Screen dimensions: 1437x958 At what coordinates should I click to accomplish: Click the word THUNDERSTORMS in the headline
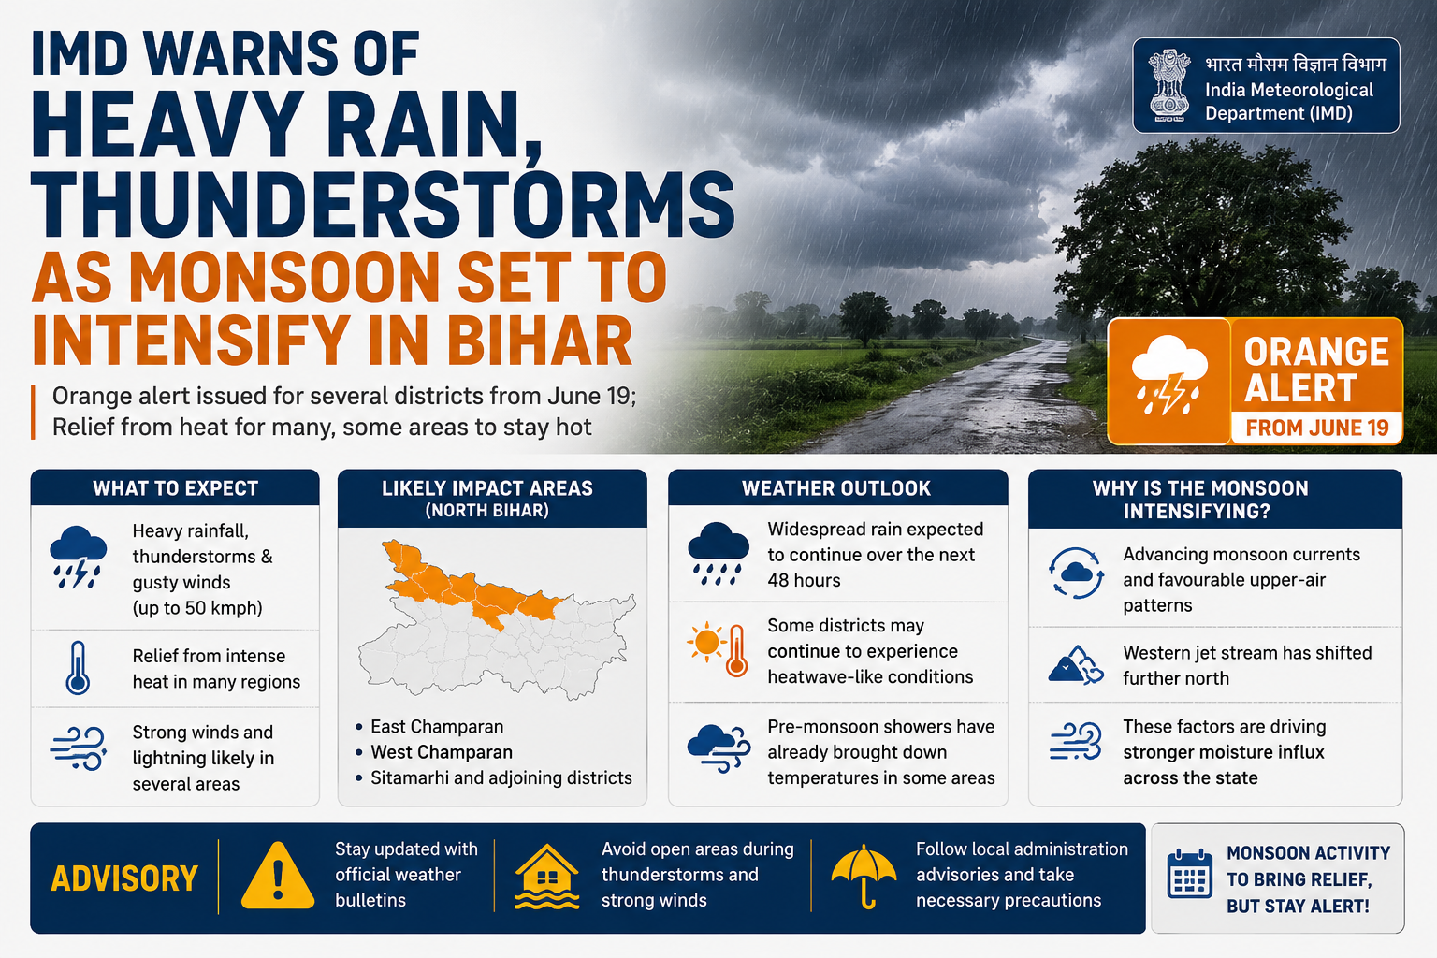click(383, 204)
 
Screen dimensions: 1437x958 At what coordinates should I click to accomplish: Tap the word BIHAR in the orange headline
click(540, 341)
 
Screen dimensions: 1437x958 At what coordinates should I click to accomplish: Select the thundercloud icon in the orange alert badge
click(1168, 375)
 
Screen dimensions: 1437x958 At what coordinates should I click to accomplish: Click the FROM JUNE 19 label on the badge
click(1317, 428)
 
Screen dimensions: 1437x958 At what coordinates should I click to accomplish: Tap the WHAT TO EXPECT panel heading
click(175, 488)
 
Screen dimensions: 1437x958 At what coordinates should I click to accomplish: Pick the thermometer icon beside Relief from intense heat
click(78, 667)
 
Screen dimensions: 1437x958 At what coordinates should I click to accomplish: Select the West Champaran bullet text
click(442, 752)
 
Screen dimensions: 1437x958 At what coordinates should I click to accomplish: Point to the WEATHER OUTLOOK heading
click(835, 488)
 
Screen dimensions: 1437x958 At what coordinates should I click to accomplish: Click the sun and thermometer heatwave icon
click(718, 649)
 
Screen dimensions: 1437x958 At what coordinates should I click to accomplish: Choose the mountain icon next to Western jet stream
click(1075, 665)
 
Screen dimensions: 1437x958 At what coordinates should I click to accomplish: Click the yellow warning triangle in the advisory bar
click(278, 876)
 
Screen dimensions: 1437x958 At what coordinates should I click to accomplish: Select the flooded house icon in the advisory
click(546, 877)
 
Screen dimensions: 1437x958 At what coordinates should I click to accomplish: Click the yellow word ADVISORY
click(124, 878)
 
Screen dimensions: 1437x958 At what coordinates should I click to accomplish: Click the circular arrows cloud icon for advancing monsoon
click(1076, 573)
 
